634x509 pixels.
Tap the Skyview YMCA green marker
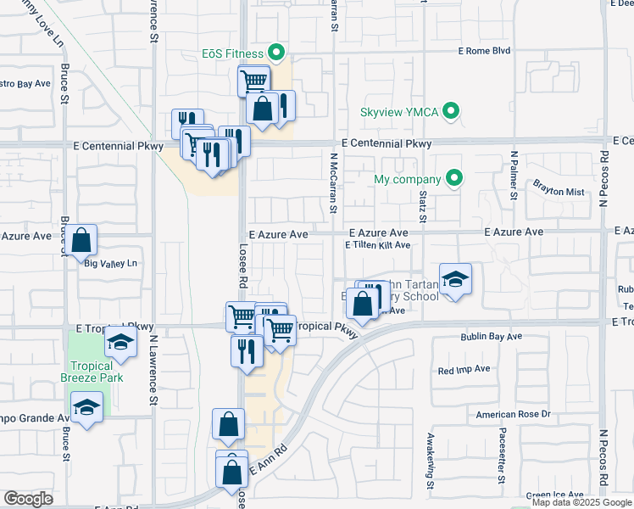click(x=453, y=111)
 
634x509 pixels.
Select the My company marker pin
click(x=455, y=179)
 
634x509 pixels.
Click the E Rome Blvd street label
click(x=484, y=51)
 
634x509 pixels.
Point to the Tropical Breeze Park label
click(x=92, y=372)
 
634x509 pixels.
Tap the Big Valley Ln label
click(x=111, y=264)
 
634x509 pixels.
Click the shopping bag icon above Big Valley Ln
click(x=82, y=239)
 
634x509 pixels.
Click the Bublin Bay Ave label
click(x=491, y=337)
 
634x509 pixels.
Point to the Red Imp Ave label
click(x=464, y=370)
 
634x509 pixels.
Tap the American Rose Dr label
click(x=513, y=414)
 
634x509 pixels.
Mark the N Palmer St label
click(x=514, y=176)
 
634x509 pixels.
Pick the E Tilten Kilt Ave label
click(x=377, y=245)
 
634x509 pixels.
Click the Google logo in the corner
click(x=28, y=499)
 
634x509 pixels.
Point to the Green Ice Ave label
click(x=554, y=495)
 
